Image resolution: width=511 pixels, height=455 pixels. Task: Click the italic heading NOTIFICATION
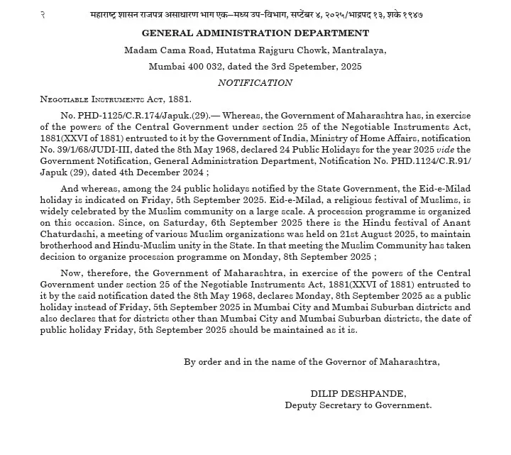(x=255, y=82)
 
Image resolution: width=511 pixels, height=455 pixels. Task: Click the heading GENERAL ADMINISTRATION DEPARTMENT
(x=255, y=33)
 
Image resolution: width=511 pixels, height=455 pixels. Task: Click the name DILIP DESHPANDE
(x=358, y=393)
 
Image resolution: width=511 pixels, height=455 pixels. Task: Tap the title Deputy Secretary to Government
(x=358, y=405)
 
